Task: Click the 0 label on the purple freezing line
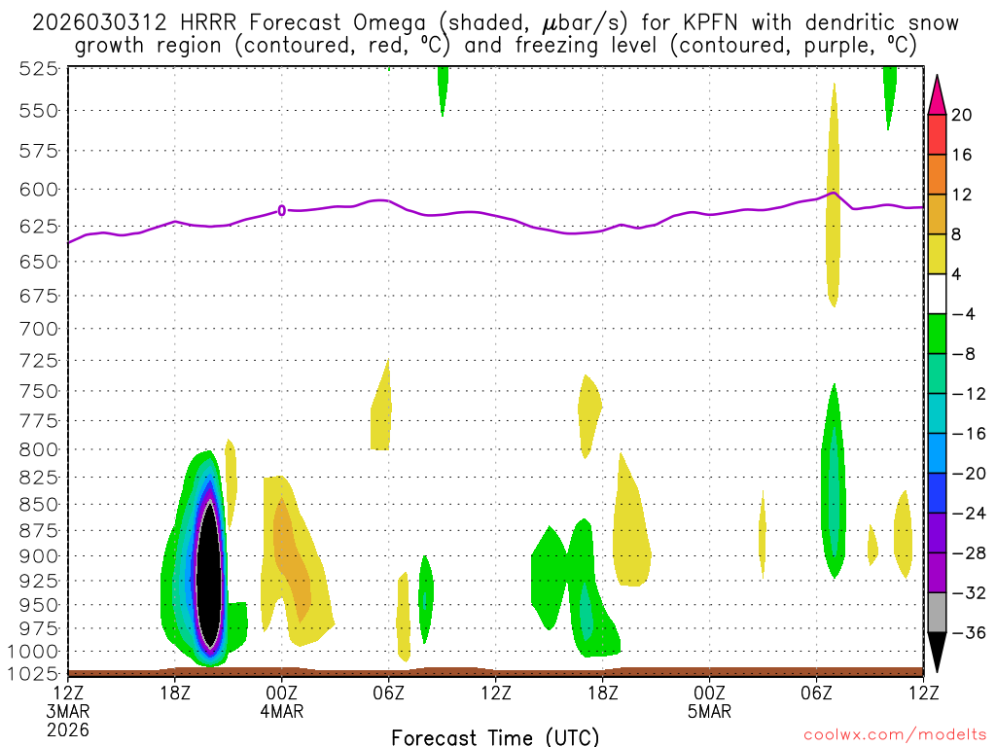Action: pos(282,210)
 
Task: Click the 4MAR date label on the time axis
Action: pos(281,710)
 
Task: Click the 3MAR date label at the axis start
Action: pos(67,710)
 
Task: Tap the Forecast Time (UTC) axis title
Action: pos(495,736)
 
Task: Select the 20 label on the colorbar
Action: pos(962,115)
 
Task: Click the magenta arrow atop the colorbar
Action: pos(937,94)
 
